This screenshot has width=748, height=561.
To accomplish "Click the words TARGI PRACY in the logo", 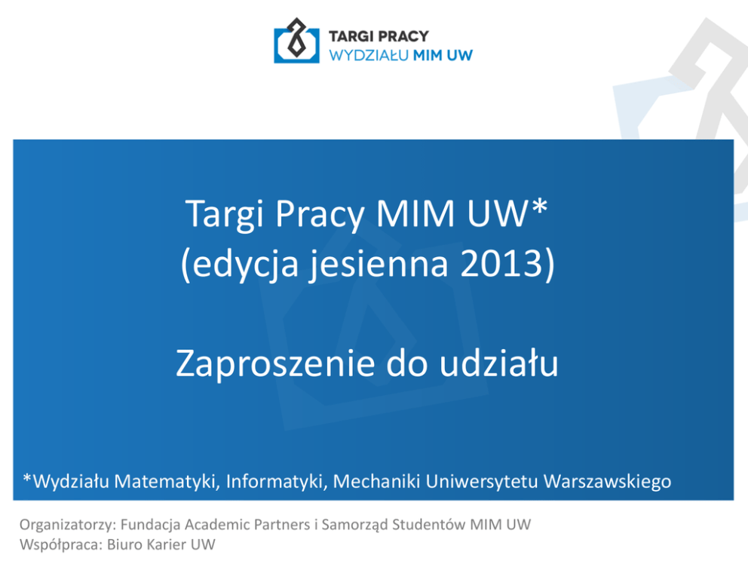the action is coord(379,36).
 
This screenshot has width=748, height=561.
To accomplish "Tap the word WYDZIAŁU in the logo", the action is coord(369,55).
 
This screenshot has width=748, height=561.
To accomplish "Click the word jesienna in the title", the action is coord(379,264).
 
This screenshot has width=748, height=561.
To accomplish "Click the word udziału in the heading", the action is coord(498,363).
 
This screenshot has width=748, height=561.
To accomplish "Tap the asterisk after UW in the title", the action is coord(539,206).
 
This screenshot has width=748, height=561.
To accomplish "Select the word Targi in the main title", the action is coord(224,214).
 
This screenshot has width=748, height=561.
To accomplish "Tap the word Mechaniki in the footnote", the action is coord(376,481).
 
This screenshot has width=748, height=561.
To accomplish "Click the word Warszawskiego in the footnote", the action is coord(607,482).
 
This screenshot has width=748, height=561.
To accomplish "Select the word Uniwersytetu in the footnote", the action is coord(482,482).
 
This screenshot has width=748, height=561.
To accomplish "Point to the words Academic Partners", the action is coord(247,524).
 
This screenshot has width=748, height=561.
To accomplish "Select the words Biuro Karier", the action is coord(146,544).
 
